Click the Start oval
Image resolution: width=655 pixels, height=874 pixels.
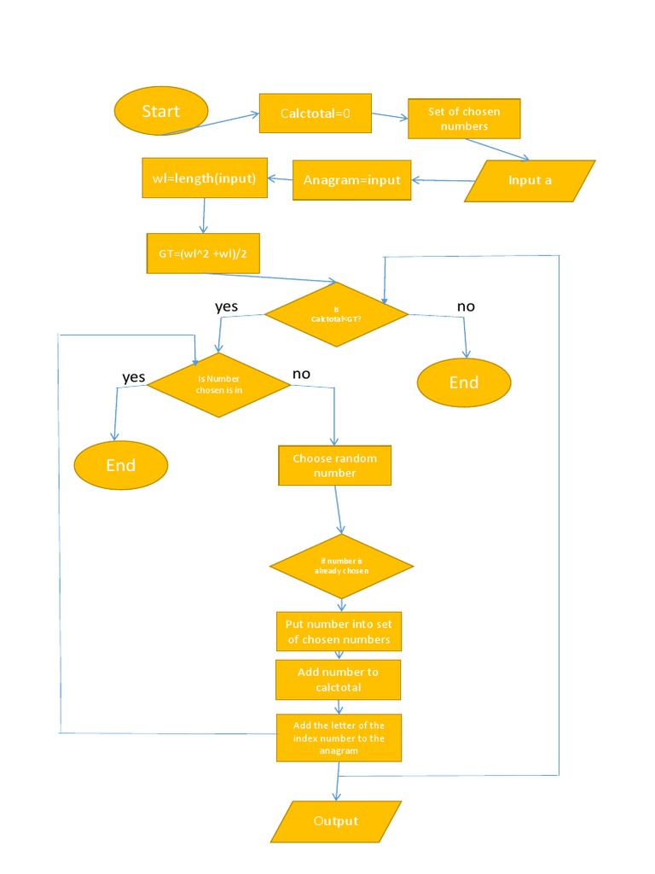click(x=161, y=111)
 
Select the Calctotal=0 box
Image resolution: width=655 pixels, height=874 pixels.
click(x=316, y=112)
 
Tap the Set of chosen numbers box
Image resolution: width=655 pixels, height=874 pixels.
click(x=464, y=119)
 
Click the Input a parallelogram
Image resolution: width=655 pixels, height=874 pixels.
click(x=530, y=180)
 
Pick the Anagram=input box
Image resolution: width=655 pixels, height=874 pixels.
click(x=351, y=180)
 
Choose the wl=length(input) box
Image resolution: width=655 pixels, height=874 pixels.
click(x=205, y=178)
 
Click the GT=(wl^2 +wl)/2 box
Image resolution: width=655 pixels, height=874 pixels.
click(x=203, y=253)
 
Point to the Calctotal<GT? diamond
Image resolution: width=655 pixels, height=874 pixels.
click(x=336, y=314)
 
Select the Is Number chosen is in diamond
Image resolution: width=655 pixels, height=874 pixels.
click(x=219, y=384)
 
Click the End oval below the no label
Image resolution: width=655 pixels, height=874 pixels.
click(x=464, y=382)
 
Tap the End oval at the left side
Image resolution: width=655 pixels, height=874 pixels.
click(x=121, y=465)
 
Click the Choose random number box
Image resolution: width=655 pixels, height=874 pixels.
click(x=334, y=465)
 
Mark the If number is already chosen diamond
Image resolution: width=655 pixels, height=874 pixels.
click(x=341, y=567)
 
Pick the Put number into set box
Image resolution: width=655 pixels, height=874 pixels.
click(x=338, y=632)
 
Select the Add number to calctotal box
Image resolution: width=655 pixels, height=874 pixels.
click(x=338, y=679)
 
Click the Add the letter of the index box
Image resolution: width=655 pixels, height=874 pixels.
click(x=339, y=737)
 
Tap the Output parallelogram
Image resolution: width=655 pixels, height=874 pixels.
click(x=336, y=821)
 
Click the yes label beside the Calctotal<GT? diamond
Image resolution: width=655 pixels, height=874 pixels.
click(x=227, y=306)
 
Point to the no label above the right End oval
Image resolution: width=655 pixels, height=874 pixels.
click(x=466, y=306)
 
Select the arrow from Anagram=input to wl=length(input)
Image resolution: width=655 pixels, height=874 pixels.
click(x=281, y=179)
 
